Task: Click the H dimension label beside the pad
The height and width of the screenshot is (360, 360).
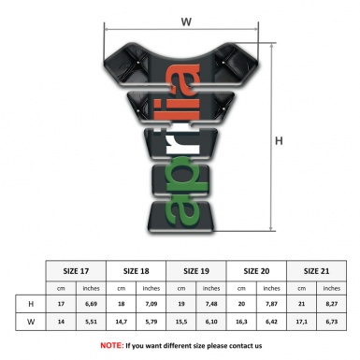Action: coord(279,141)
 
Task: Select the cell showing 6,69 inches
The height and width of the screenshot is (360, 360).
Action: coord(92,304)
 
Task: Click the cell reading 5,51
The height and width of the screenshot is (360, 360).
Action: coord(92,323)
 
